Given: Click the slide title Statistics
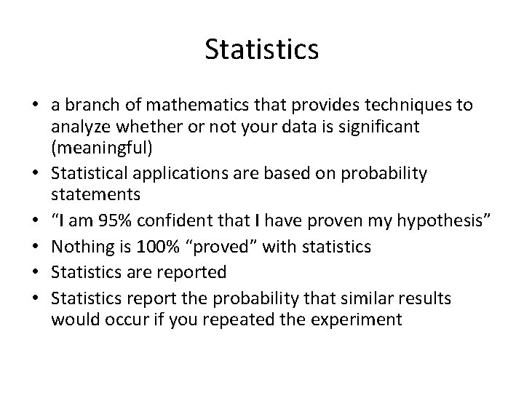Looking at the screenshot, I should pyautogui.click(x=261, y=49).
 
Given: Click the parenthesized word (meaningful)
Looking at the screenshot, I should pyautogui.click(x=101, y=151).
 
